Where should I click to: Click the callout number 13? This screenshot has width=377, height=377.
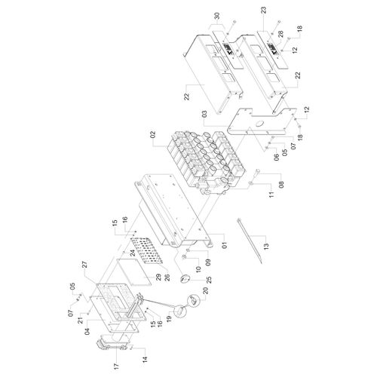(266, 245)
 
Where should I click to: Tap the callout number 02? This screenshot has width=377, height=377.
(153, 134)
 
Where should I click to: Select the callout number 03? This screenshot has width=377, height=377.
(204, 114)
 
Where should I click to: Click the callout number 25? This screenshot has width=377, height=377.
(209, 280)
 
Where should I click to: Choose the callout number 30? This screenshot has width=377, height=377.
(217, 16)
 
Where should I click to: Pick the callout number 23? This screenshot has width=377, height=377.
(264, 11)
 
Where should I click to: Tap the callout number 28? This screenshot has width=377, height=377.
(280, 34)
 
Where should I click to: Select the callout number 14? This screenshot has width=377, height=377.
(145, 359)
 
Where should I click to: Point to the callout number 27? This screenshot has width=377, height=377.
(84, 265)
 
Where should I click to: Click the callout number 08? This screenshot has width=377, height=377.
(281, 185)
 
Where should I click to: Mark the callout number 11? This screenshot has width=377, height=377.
(271, 194)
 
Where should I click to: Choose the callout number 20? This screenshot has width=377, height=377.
(206, 291)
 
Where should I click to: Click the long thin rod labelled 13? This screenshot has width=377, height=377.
(250, 241)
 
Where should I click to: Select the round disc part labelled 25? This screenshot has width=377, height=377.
(184, 279)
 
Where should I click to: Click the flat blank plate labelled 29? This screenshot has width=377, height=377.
(134, 272)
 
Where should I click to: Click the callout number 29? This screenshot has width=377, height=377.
(158, 278)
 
